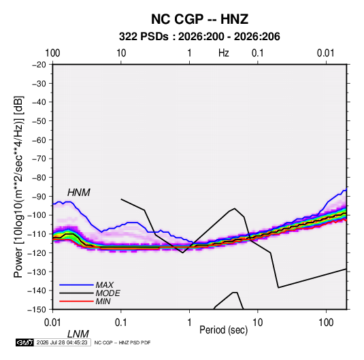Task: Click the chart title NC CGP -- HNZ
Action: tap(199, 19)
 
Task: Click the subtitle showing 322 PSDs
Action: tap(199, 37)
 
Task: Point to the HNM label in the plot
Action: tap(79, 193)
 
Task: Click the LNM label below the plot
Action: tap(78, 334)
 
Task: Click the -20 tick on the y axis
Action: tap(39, 65)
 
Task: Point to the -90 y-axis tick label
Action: tap(39, 196)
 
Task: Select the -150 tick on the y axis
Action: tap(37, 310)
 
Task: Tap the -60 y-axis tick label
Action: tap(39, 140)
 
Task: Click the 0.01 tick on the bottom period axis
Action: tap(52, 323)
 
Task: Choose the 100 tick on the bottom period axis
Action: tap(326, 323)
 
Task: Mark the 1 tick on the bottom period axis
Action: tap(189, 323)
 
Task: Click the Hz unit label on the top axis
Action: tap(224, 53)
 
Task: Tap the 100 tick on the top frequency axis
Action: tap(52, 53)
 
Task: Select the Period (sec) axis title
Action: tap(224, 330)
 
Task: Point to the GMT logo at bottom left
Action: tap(25, 342)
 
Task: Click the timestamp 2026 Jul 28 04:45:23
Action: tap(62, 342)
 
